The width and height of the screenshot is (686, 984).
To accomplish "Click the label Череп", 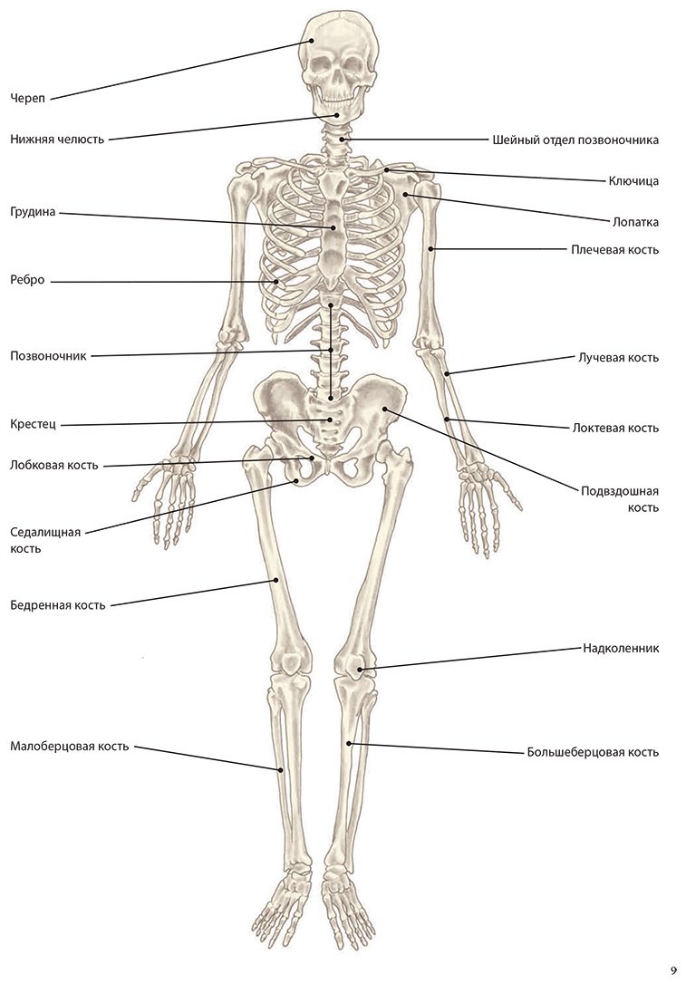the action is point(27,99).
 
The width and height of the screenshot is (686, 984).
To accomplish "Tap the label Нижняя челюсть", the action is point(57,140).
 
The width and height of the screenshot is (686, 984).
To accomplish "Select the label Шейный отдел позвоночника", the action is point(575,140).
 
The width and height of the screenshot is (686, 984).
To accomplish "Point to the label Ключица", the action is point(633,181).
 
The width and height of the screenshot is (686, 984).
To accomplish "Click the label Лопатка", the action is point(636,222).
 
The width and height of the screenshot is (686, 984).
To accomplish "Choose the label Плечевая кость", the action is point(615,250).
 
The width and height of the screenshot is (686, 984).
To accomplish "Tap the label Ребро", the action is point(27,281).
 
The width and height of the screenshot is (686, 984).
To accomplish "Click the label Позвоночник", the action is point(48,356).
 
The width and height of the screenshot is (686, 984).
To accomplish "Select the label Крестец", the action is point(34,425).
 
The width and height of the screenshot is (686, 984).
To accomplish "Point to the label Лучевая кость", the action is point(618,358).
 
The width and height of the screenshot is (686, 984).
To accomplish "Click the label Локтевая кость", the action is point(615,428).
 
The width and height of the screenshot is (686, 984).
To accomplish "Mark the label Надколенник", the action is point(621,648).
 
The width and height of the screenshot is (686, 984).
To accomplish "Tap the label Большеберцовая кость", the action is point(593,752).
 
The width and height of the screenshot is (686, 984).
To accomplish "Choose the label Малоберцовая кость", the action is point(70,747).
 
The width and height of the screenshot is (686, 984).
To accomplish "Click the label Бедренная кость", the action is point(58,605).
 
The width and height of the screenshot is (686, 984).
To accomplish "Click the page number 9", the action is point(674,970).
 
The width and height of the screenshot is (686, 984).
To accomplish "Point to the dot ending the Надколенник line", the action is point(360,670).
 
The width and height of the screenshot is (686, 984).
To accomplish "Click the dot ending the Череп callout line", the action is point(311,41).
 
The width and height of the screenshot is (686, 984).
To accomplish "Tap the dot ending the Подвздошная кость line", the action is point(384,410).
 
